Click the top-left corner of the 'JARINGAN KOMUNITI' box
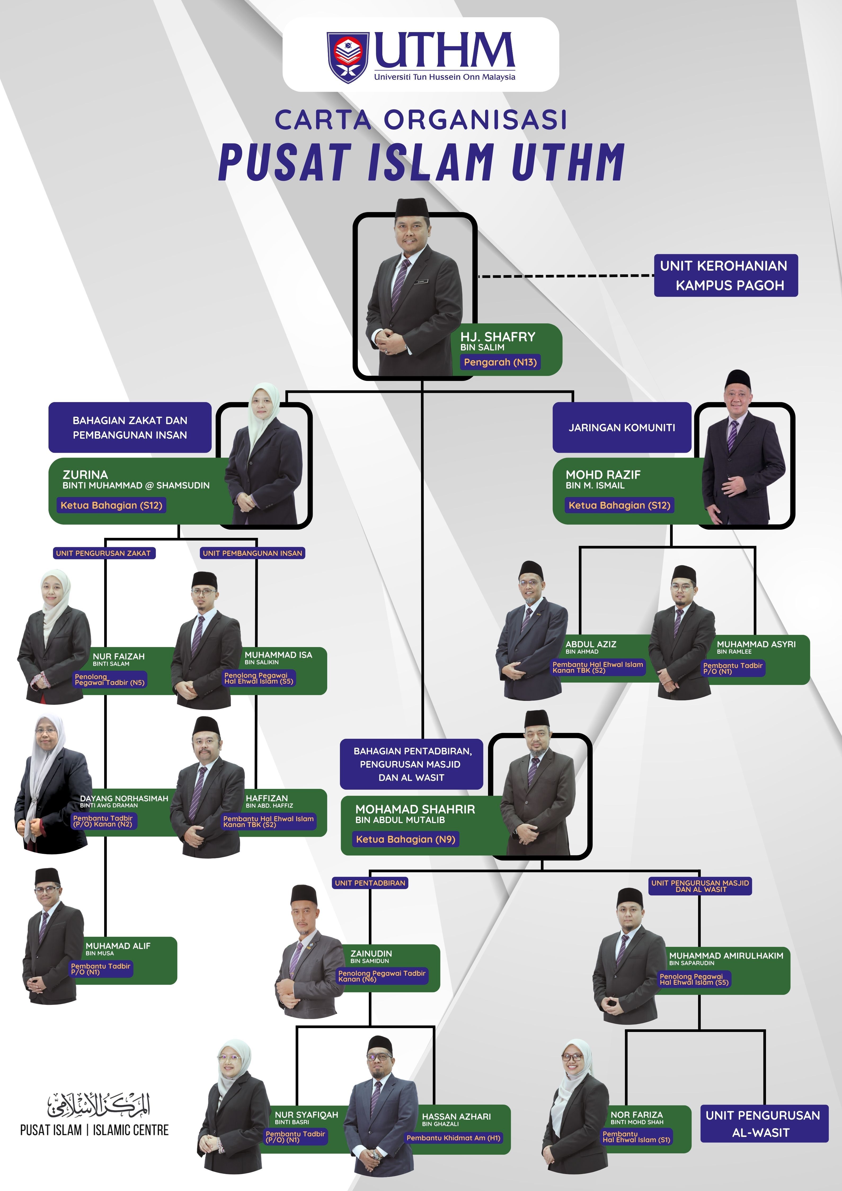pos(553,403)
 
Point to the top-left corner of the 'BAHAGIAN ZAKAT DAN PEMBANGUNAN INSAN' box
pos(49,403)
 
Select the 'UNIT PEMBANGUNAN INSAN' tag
pos(252,553)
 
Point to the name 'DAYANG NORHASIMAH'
pos(124,798)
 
